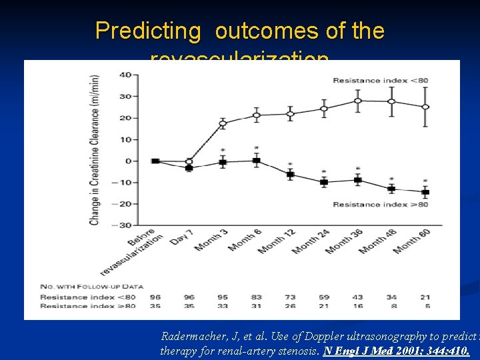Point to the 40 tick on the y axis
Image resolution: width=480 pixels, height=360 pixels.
pos(125,75)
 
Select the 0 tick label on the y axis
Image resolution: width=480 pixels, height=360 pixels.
pos(128,161)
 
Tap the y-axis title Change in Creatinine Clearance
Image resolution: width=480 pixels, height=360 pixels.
pos(95,150)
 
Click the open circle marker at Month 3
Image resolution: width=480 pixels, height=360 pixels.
pos(223,123)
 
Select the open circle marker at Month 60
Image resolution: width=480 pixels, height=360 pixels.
pos(425,107)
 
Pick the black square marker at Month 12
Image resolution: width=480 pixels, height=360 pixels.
pos(290,175)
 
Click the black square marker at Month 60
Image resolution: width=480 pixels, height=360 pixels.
pos(425,192)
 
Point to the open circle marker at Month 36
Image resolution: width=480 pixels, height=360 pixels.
pos(358,101)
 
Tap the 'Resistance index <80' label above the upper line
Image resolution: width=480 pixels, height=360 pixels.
pos(380,81)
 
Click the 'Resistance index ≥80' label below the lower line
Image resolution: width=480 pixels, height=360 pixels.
pos(380,205)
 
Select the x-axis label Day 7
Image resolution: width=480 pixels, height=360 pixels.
pos(181,236)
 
